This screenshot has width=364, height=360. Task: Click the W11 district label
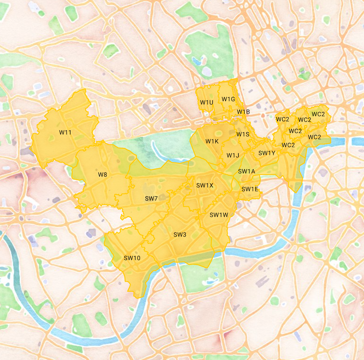65,132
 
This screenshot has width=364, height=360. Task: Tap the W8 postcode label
103,175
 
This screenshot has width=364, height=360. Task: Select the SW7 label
151,198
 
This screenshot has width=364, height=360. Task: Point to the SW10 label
132,258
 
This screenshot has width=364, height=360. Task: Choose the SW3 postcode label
180,235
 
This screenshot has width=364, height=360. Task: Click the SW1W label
219,215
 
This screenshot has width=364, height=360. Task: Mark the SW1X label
205,185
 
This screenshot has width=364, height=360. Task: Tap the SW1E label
250,189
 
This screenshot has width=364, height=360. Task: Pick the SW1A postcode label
246,172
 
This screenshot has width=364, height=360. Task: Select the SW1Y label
267,153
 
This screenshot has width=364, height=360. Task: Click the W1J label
233,155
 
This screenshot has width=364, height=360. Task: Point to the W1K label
212,141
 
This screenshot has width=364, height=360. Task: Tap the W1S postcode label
243,134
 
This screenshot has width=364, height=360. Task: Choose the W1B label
243,112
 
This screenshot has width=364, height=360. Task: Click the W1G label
228,99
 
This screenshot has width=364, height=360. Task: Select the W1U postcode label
207,102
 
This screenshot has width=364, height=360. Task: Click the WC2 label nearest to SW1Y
288,145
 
